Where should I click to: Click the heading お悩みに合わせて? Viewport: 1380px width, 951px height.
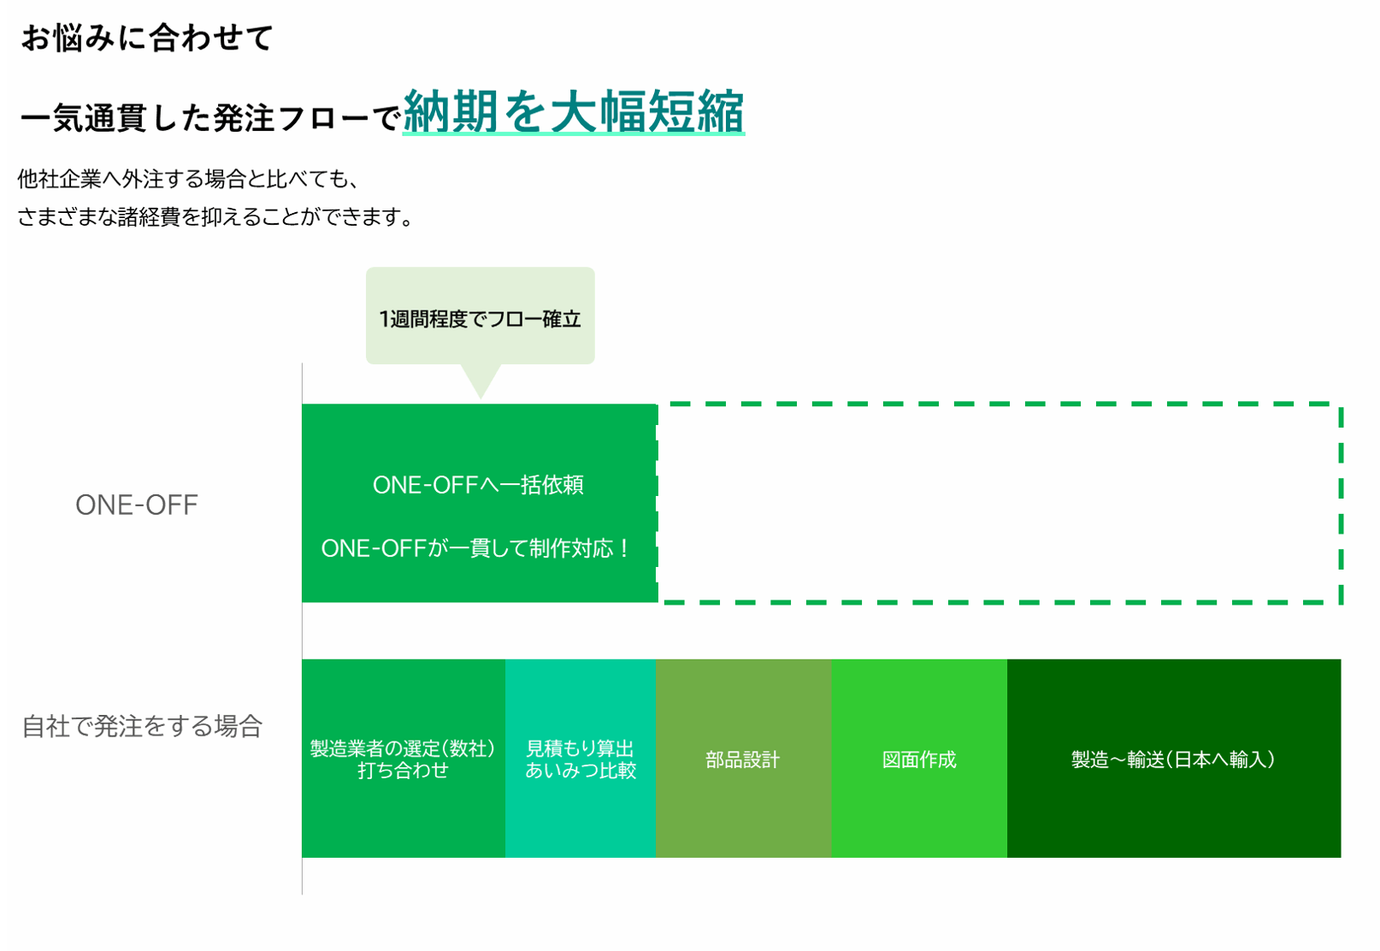point(146,38)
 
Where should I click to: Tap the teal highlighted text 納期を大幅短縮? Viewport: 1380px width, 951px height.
point(573,112)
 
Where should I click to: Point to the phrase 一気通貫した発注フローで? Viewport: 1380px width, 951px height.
point(209,118)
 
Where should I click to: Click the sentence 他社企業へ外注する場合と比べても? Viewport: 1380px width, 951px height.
point(188,179)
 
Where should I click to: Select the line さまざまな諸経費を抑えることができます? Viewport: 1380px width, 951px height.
point(215,217)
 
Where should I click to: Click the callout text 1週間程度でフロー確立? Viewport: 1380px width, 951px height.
point(480,319)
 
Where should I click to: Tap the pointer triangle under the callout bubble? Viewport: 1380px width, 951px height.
point(481,381)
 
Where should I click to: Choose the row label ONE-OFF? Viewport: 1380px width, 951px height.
point(137,505)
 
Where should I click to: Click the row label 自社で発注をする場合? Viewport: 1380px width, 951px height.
point(142,726)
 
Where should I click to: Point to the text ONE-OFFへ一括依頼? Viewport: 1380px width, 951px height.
point(478,485)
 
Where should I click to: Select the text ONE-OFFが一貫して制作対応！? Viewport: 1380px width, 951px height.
point(476,548)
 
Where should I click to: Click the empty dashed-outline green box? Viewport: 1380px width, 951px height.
point(999,503)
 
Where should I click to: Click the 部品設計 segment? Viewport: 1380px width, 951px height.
point(743,759)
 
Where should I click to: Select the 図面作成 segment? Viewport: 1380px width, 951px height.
point(919,759)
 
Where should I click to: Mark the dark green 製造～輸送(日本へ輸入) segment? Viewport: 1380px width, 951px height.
point(1173,759)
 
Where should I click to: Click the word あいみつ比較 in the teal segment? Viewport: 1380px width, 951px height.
point(581,771)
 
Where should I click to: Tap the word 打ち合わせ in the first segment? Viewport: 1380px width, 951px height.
point(403,771)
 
